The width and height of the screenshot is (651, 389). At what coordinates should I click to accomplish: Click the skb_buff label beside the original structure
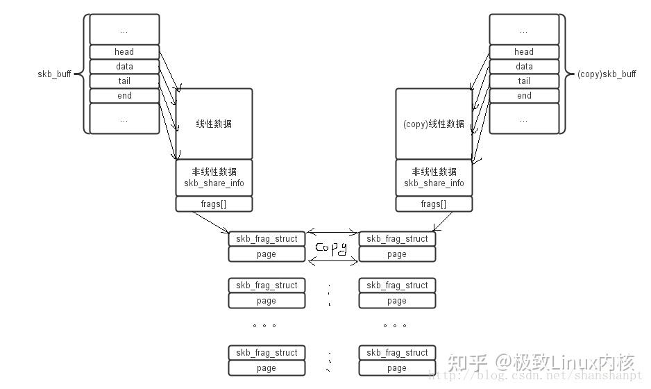pos(54,74)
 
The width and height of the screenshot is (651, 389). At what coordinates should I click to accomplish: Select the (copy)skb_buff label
pos(606,74)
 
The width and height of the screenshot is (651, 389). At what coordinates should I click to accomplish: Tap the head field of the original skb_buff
pos(124,51)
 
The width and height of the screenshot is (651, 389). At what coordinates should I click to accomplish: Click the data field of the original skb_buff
pos(124,66)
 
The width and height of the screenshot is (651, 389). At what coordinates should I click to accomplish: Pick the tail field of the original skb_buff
pos(124,81)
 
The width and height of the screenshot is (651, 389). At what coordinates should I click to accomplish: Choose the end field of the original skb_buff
pos(124,95)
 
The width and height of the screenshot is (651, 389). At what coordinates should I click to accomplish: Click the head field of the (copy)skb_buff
pos(524,51)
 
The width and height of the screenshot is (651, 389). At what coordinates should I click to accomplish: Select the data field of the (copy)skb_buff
pos(524,66)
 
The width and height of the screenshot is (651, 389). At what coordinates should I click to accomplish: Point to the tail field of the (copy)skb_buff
pos(524,81)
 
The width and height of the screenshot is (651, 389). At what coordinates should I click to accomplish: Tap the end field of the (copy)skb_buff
pos(524,95)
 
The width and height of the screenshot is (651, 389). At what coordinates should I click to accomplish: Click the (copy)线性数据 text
pos(434,124)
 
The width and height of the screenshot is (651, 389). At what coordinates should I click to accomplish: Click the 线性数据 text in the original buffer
pos(214,124)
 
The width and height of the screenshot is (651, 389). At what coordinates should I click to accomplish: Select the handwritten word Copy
pos(331,248)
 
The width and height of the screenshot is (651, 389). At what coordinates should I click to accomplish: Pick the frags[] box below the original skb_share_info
pos(214,204)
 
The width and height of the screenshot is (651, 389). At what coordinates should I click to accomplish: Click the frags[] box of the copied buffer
pos(434,204)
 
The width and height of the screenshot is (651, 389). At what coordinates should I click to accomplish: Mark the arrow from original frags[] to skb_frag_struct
pos(210,222)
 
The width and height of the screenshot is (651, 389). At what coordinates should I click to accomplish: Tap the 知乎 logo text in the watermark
pos(467,363)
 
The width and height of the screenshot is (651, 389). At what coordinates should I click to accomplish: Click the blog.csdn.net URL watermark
pos(534,375)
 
